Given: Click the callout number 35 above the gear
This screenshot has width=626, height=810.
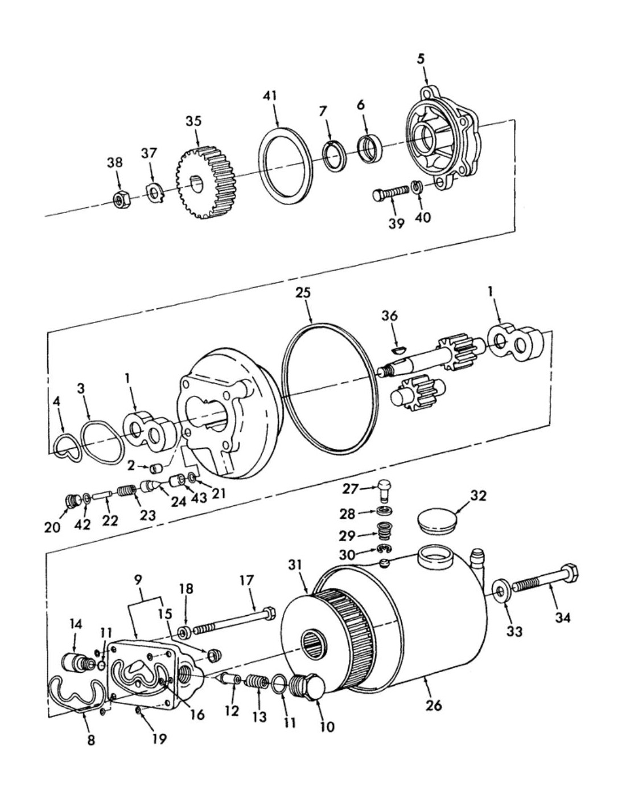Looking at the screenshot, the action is coord(193,122).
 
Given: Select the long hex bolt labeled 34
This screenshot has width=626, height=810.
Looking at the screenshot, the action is coord(545,583).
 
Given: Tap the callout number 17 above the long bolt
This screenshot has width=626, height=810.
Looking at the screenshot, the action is coord(246,581).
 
